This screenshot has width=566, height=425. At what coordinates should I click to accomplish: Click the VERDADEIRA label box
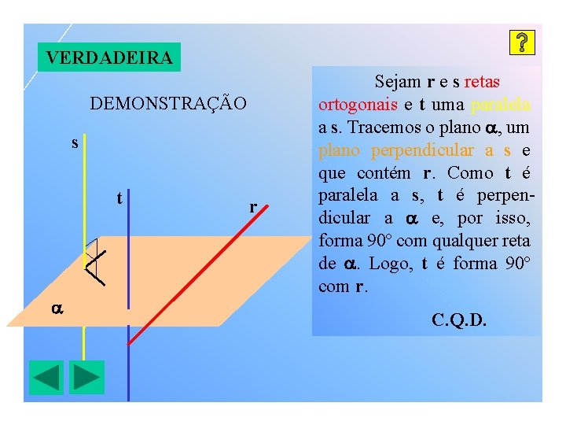[x=109, y=57]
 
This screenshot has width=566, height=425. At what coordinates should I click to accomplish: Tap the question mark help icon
[x=523, y=43]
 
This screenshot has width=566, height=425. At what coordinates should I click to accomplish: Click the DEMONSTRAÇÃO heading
[x=168, y=104]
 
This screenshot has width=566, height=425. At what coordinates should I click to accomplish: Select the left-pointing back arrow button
[x=46, y=377]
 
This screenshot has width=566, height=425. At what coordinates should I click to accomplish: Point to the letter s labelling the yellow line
[x=75, y=143]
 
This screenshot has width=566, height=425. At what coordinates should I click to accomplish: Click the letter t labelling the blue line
[x=119, y=198]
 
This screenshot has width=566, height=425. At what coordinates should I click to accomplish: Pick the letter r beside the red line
[x=252, y=207]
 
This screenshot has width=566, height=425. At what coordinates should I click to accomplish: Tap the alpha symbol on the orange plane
[x=57, y=309]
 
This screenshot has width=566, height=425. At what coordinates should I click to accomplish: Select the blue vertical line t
[x=128, y=362]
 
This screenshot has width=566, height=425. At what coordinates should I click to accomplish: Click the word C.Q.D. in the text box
[x=459, y=320]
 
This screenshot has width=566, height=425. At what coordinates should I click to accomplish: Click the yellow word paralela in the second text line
[x=500, y=105]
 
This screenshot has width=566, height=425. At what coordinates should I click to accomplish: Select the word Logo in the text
[x=385, y=264]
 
